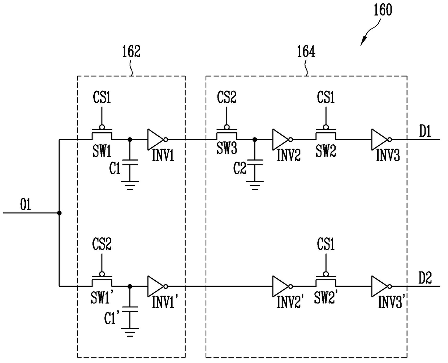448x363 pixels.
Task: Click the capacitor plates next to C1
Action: (130, 162)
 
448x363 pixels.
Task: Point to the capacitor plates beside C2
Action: (254, 162)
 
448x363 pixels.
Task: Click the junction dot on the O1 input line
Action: (59, 213)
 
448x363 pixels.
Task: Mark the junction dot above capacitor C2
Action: (255, 139)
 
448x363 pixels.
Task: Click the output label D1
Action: (425, 131)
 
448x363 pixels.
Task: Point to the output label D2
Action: (425, 278)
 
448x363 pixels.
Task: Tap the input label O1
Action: (25, 204)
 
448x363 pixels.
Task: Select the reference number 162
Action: (131, 51)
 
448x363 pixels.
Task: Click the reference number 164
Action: (306, 51)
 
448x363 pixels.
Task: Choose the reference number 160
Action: (383, 10)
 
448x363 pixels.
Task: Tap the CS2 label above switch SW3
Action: (227, 97)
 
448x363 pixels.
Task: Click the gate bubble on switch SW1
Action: (102, 127)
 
